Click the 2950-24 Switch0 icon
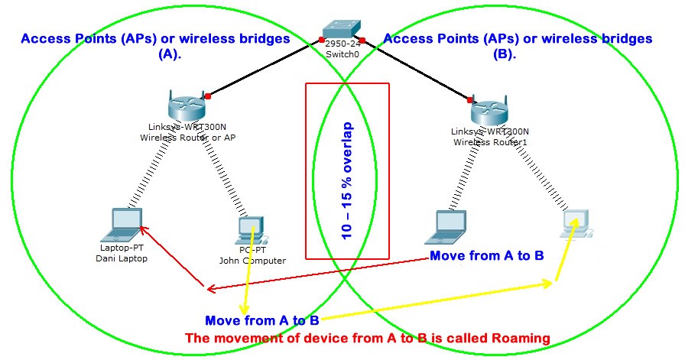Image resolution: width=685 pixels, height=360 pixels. pos(342,28)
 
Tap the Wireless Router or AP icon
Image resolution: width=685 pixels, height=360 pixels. pos(184,105)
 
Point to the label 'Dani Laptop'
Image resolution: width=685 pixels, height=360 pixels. pos(123,258)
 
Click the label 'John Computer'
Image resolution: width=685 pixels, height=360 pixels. pos(252,261)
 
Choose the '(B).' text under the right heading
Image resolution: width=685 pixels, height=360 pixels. pos(518,54)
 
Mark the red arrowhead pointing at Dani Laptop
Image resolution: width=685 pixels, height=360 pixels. pos(143,227)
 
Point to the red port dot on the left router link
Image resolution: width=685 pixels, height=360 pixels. pos(206,96)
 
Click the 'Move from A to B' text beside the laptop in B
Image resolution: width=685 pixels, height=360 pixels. pos(486,255)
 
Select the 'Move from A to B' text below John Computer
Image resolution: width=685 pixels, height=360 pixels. pos(261,319)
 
